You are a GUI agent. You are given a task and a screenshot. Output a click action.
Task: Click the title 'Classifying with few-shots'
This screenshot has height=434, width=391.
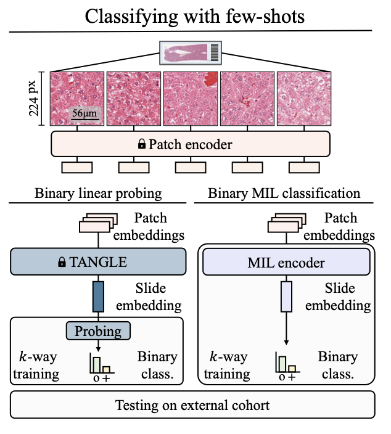point(194,16)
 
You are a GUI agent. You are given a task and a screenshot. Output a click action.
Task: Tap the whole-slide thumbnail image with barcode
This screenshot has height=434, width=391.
point(190,52)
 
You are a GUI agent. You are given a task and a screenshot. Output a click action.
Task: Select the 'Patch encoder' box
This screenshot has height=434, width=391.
point(190,144)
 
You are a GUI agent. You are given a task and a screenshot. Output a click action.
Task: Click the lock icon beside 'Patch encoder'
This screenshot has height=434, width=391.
point(142,144)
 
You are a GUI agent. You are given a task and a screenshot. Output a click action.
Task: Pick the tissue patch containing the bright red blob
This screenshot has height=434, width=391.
point(191,99)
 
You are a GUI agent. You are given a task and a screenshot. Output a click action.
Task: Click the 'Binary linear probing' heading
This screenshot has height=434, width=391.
point(98,193)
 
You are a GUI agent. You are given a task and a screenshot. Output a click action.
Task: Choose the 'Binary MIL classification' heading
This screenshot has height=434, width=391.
point(284,193)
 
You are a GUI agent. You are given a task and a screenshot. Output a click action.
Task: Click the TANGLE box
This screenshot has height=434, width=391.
point(98,262)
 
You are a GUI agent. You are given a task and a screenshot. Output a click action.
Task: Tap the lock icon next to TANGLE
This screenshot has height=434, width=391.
point(62,263)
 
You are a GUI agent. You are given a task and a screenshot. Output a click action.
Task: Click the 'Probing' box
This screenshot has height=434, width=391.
point(99,331)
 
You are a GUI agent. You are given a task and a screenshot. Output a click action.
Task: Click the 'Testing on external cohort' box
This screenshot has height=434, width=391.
point(192,406)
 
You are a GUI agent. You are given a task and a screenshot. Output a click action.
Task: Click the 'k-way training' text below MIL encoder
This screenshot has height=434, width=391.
point(227,365)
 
